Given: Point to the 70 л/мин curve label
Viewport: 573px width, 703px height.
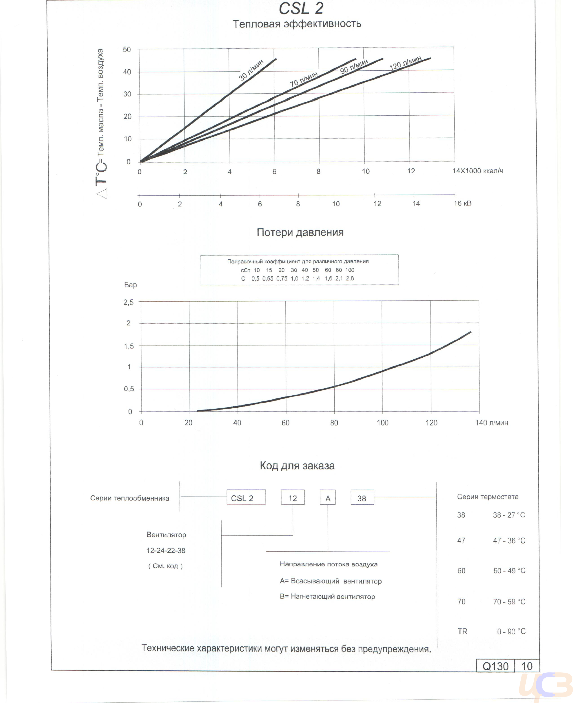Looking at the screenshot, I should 304,80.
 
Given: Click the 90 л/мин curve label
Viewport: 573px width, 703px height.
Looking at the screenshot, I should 354,67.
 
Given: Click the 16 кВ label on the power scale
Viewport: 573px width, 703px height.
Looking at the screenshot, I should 462,203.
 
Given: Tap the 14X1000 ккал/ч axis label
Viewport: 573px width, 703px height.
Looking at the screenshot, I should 477,171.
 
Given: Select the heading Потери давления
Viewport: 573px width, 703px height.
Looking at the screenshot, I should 300,233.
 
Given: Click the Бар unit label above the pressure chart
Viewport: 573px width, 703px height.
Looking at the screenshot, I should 130,285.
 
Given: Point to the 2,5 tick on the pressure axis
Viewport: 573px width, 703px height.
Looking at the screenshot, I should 128,302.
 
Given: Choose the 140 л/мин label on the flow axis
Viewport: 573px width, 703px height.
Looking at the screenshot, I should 491,423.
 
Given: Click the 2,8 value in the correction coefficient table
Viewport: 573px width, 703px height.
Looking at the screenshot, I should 350,278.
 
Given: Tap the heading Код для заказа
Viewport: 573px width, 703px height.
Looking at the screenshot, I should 297,466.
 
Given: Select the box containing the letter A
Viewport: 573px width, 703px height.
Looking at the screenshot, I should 328,498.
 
